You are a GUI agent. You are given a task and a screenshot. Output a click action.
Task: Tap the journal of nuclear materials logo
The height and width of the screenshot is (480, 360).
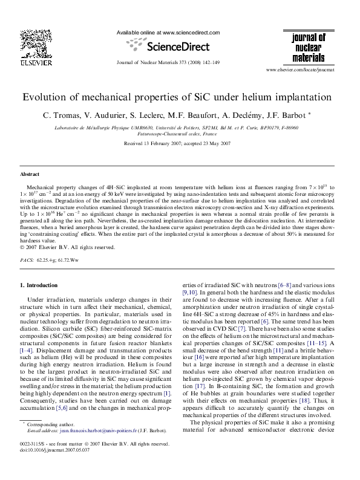click(309, 48)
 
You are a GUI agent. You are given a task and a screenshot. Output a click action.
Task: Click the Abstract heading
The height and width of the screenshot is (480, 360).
click(30, 174)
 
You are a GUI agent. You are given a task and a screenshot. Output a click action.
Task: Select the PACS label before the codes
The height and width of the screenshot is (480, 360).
click(27, 259)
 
